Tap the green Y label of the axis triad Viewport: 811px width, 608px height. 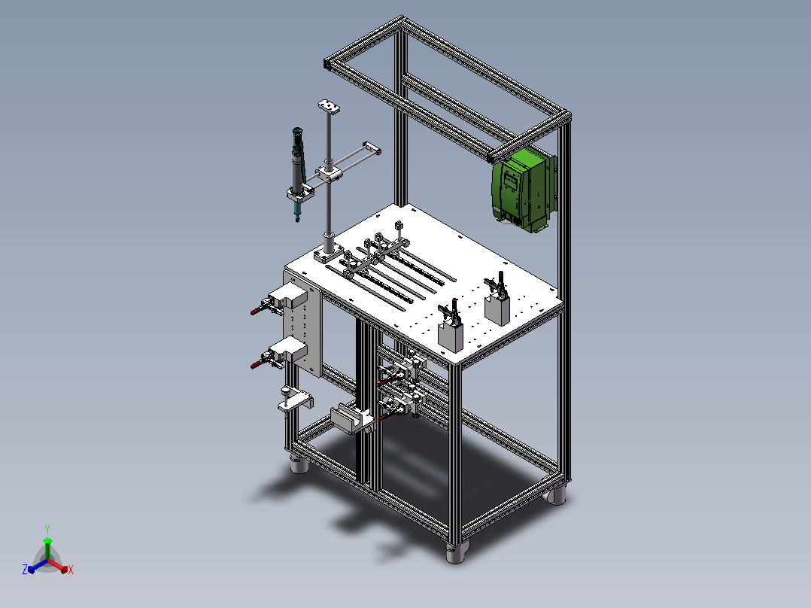pyautogui.click(x=47, y=529)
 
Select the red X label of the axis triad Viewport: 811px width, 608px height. pyautogui.click(x=71, y=570)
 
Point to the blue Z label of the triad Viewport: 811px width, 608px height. pyautogui.click(x=25, y=569)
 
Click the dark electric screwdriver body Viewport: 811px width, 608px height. pyautogui.click(x=297, y=171)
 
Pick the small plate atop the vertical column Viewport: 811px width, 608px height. pyautogui.click(x=329, y=107)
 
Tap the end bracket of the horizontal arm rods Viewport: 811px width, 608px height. pyautogui.click(x=372, y=148)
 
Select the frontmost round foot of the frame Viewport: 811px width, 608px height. pyautogui.click(x=457, y=552)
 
